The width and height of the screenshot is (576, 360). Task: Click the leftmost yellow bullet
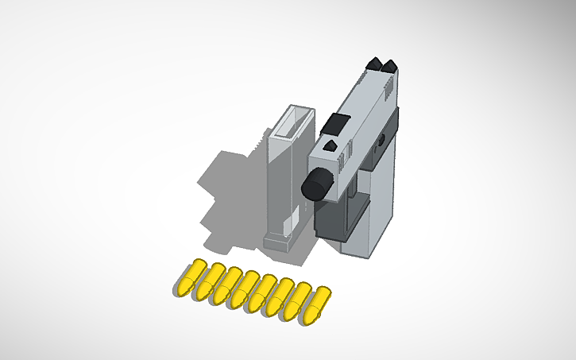pos(191,279)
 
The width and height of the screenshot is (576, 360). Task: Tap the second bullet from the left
pos(209,283)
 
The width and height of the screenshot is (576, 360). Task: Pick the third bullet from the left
pos(227,286)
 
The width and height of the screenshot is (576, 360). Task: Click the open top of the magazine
pos(293,123)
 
